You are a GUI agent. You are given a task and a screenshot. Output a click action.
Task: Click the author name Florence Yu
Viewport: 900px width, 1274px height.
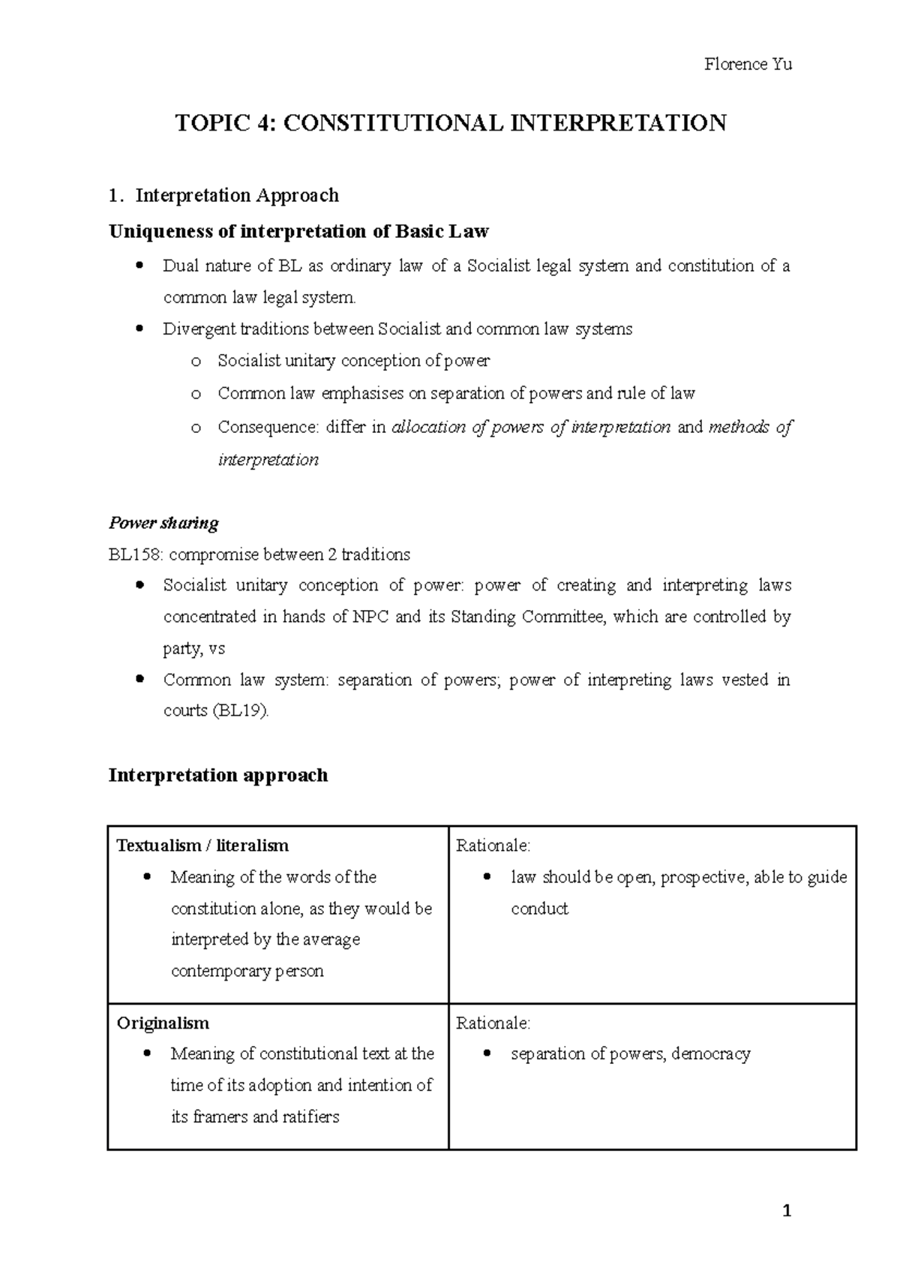(x=748, y=65)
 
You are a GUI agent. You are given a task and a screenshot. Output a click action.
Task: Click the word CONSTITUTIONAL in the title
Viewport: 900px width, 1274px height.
(x=395, y=123)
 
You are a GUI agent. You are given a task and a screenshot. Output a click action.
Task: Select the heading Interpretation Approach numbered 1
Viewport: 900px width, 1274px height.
(x=236, y=196)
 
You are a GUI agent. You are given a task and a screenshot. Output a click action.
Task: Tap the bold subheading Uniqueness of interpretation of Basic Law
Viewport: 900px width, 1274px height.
(x=298, y=231)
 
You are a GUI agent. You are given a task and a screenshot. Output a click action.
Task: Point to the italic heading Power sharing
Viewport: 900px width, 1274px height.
(x=163, y=523)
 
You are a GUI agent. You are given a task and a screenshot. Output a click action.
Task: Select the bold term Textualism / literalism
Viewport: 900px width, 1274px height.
(x=202, y=846)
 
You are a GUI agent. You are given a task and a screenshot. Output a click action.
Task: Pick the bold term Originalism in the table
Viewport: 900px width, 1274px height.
(x=163, y=1023)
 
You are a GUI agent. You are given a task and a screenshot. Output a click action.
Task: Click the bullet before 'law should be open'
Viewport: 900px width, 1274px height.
(x=489, y=877)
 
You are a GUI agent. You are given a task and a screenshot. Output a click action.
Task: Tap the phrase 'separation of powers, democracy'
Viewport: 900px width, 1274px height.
(x=630, y=1054)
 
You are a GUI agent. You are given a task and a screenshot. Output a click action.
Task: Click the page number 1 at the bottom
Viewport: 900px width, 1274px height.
(x=787, y=1211)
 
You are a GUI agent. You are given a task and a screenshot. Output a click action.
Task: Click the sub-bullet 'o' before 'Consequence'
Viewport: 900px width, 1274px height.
(x=196, y=428)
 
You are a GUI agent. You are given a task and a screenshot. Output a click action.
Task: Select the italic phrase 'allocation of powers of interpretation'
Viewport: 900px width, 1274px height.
(x=531, y=428)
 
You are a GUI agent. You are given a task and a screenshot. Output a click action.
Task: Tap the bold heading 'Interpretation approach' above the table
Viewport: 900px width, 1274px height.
(x=218, y=775)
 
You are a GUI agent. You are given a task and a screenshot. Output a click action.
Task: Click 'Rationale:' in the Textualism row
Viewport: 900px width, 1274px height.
(x=493, y=846)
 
